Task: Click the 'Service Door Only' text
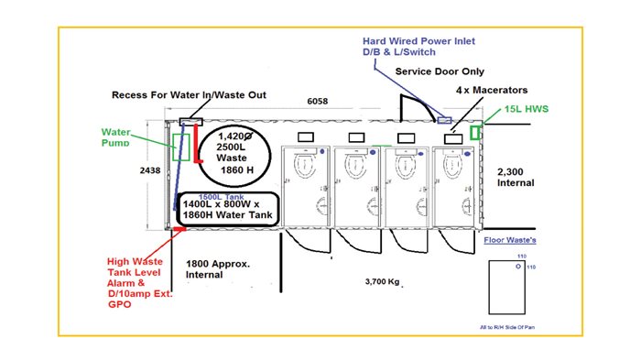point(440,71)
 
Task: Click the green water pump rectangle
point(181,147)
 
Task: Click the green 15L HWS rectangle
point(475,133)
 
